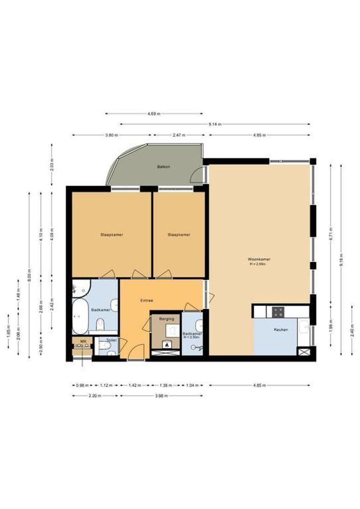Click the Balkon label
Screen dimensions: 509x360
point(163,167)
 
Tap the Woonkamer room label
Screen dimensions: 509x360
point(259,259)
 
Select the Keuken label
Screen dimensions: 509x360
point(281,330)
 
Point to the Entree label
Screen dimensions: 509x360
point(147,300)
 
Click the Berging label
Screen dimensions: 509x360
point(166,319)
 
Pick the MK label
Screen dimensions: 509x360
point(83,341)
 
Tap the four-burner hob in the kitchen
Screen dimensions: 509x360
point(278,312)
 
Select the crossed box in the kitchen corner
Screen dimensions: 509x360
point(303,352)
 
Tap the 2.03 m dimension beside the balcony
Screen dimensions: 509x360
point(52,165)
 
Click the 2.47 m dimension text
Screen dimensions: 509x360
point(178,135)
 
